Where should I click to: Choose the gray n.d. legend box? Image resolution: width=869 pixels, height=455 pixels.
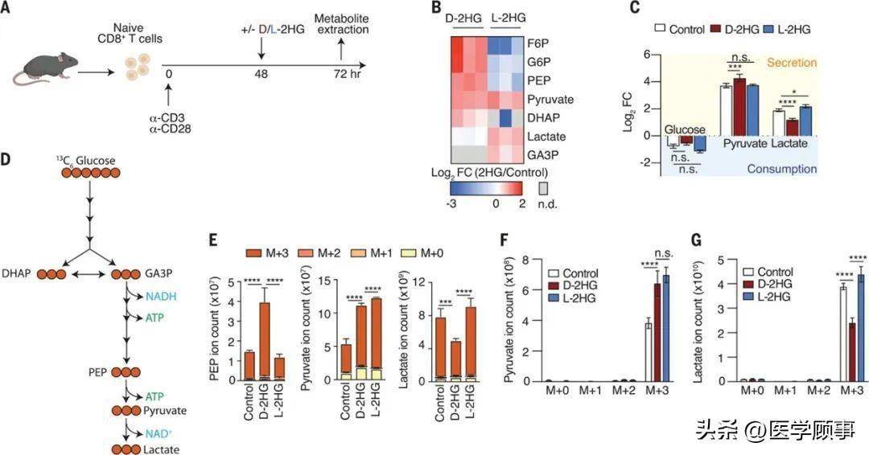(543, 187)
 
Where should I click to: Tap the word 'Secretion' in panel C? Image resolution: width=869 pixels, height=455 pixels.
(793, 62)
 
